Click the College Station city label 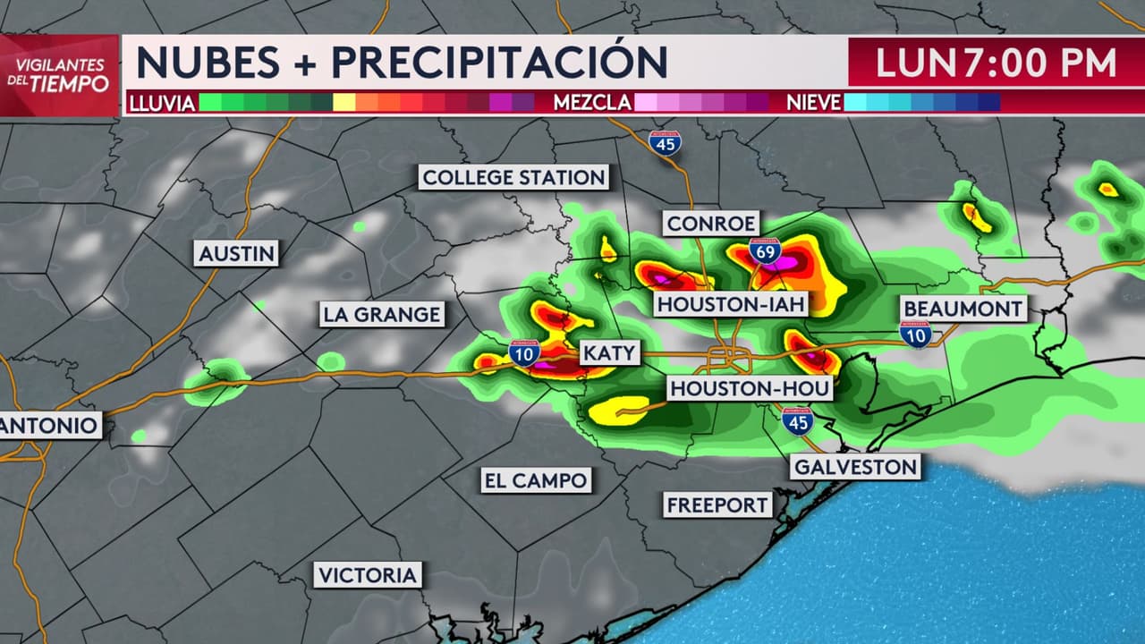514,177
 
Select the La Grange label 382,315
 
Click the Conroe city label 711,223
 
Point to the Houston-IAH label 732,305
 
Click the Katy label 609,353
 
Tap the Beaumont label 963,309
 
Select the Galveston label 855,466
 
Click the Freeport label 717,505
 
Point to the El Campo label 536,480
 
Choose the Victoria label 368,574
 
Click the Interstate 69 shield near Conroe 765,251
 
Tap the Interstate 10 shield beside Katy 524,352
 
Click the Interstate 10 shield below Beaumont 915,335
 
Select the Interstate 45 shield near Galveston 797,420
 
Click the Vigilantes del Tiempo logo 61,75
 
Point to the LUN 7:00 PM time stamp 995,63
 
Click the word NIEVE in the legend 813,103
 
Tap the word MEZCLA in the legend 592,103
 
